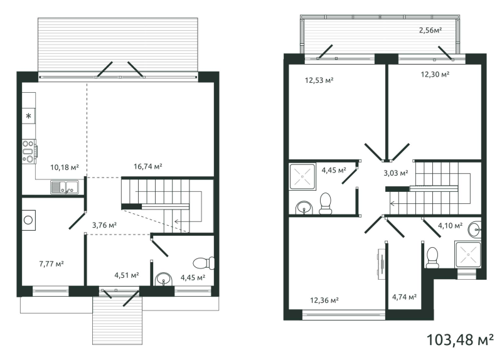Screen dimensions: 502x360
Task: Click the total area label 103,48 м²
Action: pyautogui.click(x=461, y=339)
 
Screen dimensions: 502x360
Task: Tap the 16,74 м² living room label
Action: pyautogui.click(x=148, y=166)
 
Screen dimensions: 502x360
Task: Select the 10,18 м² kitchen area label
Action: pyautogui.click(x=65, y=167)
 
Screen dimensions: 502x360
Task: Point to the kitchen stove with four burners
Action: pyautogui.click(x=29, y=151)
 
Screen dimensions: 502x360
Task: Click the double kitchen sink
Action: pyautogui.click(x=65, y=187)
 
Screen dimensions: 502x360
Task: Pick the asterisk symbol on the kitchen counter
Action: pyautogui.click(x=29, y=116)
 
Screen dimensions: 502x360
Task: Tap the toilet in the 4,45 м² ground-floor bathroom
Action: pyautogui.click(x=205, y=263)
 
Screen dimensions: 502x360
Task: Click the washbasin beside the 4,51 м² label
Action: pyautogui.click(x=164, y=279)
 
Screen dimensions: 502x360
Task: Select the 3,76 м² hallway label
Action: pyautogui.click(x=104, y=225)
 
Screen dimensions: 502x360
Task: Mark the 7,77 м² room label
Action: pyautogui.click(x=51, y=264)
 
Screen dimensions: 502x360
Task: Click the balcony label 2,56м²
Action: pyautogui.click(x=430, y=30)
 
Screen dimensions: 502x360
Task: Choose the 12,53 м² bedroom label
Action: pyautogui.click(x=319, y=80)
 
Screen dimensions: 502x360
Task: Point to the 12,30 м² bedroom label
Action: pyautogui.click(x=435, y=75)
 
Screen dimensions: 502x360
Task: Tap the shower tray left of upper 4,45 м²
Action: pyautogui.click(x=302, y=176)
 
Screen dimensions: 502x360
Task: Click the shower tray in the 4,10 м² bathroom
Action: pyautogui.click(x=468, y=255)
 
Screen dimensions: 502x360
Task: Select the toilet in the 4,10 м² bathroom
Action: pyautogui.click(x=432, y=258)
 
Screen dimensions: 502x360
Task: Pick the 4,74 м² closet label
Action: pyautogui.click(x=404, y=297)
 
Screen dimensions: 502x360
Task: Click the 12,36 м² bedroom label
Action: pyautogui.click(x=324, y=300)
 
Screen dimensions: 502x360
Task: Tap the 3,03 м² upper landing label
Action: pyautogui.click(x=396, y=173)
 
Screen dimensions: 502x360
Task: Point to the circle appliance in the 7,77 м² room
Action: pyautogui.click(x=28, y=220)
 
